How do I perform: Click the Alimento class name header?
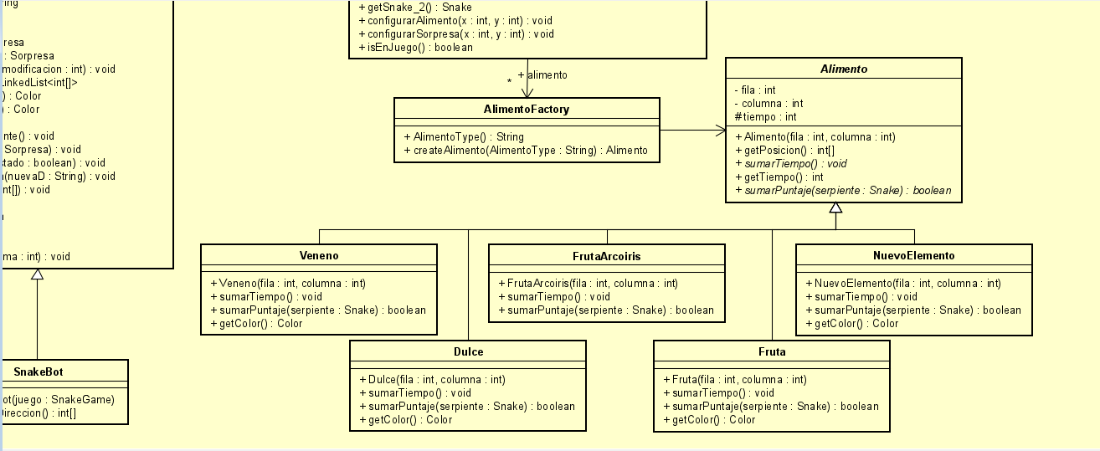[843, 69]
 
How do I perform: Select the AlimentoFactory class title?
[527, 110]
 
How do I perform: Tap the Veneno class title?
[319, 255]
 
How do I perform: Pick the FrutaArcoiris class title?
[606, 255]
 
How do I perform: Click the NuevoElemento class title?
[913, 255]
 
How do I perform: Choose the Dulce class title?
[467, 351]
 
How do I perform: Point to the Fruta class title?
[771, 351]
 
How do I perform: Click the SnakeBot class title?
[50, 371]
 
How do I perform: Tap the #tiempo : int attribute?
[765, 117]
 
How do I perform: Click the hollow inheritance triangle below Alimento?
[835, 208]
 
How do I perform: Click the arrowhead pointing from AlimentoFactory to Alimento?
[720, 130]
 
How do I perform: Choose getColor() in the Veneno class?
[256, 323]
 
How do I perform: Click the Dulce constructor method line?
[431, 379]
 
